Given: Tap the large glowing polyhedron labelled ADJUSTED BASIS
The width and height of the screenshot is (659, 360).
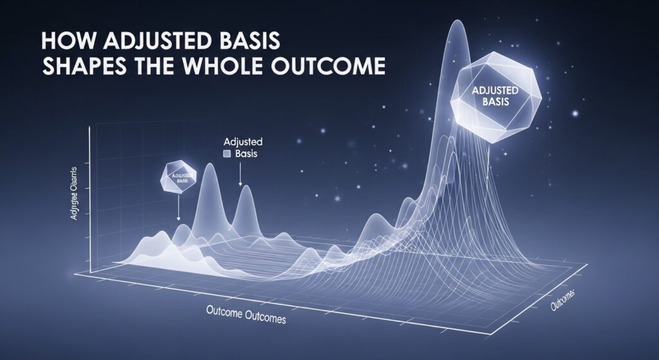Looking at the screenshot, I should click(495, 99).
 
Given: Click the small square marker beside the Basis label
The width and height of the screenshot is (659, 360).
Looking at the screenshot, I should click(226, 155).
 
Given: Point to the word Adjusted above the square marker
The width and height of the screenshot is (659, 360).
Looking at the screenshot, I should click(239, 142).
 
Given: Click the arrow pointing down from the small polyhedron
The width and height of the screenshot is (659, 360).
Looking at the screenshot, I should click(178, 209).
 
